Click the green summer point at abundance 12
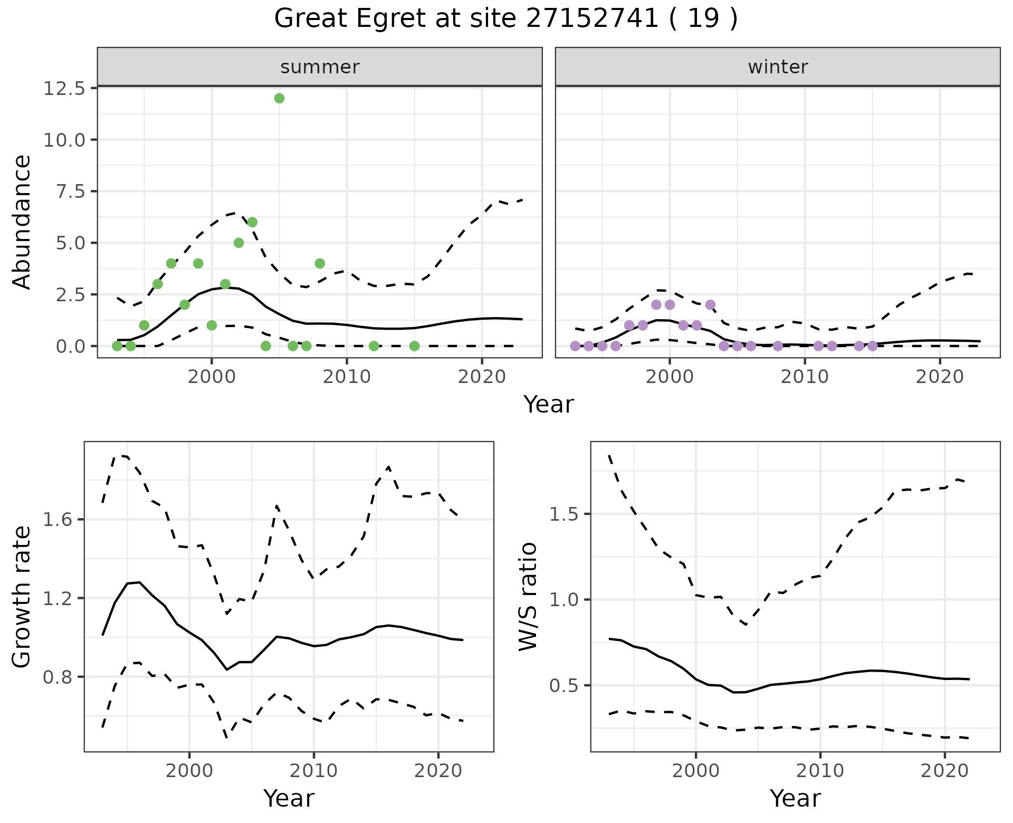279,98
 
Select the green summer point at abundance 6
252,222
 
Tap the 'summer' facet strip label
320,67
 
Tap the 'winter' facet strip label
778,67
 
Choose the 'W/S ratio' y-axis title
528,597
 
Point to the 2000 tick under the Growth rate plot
189,771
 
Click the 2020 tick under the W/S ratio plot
944,771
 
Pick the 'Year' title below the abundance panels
549,405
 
